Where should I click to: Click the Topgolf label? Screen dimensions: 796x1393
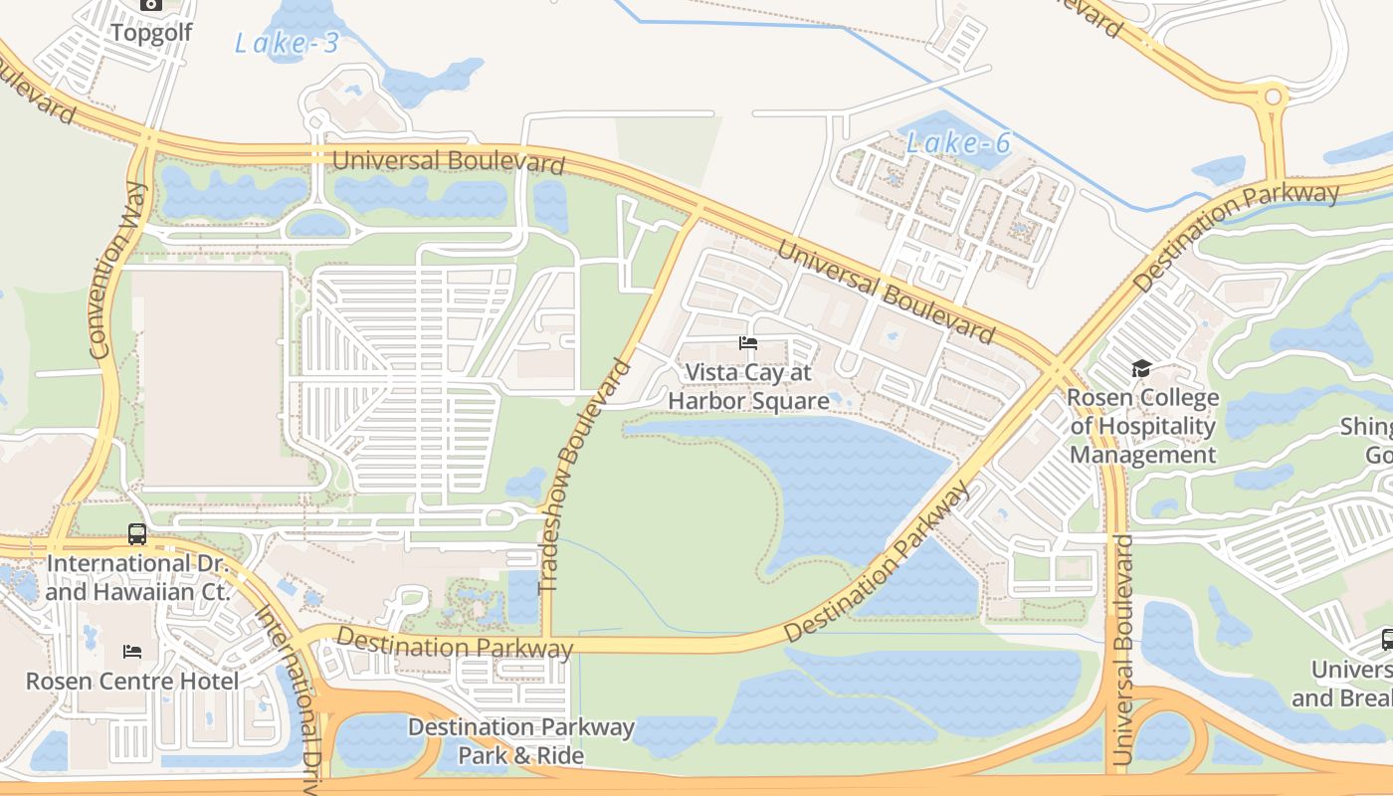151,32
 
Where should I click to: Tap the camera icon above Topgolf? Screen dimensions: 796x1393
151,4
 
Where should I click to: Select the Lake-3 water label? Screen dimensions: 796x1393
287,43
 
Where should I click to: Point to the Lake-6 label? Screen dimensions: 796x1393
958,143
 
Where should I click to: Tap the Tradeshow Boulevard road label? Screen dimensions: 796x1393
584,478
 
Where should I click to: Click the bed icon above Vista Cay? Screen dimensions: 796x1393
748,343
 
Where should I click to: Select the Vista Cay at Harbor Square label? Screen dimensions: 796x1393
748,386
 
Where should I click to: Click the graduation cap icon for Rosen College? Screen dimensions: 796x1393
1141,369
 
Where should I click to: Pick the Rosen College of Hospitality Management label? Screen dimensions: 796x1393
1142,427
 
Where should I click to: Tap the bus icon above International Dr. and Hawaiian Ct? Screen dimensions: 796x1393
137,534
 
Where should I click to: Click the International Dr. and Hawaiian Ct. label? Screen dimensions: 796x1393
137,577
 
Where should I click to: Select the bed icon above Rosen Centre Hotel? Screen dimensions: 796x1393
132,652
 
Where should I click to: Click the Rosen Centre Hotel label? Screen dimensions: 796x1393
132,682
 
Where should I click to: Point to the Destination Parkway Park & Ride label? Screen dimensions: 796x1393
520,740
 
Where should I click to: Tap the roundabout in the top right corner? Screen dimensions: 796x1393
1273,98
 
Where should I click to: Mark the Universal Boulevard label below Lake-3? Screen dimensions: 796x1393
448,161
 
